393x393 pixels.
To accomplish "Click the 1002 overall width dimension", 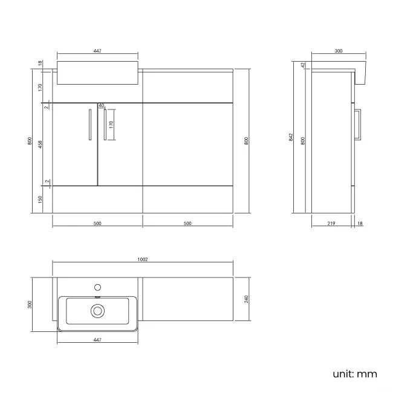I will [x=143, y=259].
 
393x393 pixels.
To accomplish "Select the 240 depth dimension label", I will [x=246, y=300].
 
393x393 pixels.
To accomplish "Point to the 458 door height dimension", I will [x=40, y=144].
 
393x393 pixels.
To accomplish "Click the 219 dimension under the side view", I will [x=331, y=224].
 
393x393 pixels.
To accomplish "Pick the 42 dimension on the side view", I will [x=304, y=65].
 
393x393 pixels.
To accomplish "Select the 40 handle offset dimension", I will [x=101, y=105].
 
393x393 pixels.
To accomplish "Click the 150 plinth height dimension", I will [x=40, y=199].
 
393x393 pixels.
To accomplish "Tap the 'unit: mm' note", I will [x=354, y=374].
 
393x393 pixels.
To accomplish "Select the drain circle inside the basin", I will [x=97, y=311].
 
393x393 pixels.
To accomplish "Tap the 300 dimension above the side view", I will [x=338, y=51].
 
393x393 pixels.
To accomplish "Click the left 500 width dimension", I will [x=97, y=224].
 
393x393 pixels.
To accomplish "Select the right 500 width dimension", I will [x=187, y=224].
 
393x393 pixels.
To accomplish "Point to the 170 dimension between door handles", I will [x=111, y=125].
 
